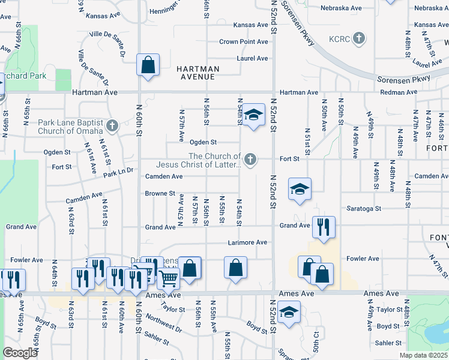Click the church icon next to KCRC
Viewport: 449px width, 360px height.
[x=359, y=40]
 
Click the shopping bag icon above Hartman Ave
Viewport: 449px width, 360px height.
[x=148, y=65]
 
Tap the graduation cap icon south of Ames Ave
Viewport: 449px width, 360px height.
[x=289, y=313]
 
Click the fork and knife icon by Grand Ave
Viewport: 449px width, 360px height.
[x=324, y=227]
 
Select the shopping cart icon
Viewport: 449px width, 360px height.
[x=169, y=277]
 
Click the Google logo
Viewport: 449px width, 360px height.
[x=19, y=353]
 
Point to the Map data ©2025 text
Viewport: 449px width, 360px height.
[x=423, y=355]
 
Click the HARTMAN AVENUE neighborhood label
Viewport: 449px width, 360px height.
[x=196, y=73]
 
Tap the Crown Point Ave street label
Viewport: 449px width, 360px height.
[x=243, y=42]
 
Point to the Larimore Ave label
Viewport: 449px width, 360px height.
[x=247, y=242]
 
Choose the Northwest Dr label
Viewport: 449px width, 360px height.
[x=164, y=325]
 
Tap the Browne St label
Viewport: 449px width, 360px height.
[x=160, y=194]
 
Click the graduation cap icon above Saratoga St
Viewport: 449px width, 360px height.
[x=299, y=189]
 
